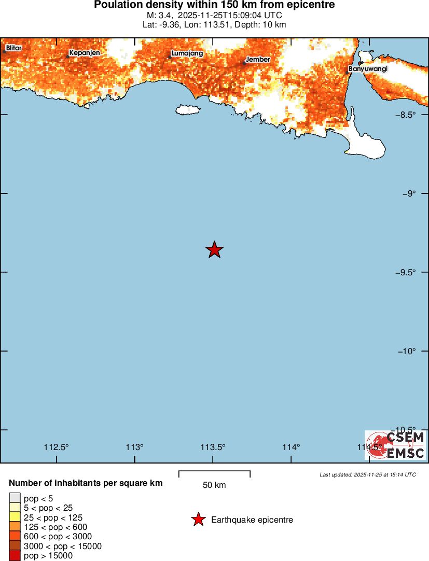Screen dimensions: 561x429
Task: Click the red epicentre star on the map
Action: (x=214, y=249)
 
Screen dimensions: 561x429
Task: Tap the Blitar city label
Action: (x=13, y=48)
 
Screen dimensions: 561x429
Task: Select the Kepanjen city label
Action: (x=84, y=52)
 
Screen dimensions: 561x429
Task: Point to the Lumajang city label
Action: (x=187, y=53)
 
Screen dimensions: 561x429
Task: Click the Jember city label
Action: (x=258, y=59)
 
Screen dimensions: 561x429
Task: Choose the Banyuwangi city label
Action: (x=368, y=68)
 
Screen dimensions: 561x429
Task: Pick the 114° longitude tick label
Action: (x=292, y=447)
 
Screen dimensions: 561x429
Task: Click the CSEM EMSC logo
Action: (x=395, y=445)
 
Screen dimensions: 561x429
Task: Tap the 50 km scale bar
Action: (x=214, y=474)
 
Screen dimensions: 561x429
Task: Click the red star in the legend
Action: (x=198, y=520)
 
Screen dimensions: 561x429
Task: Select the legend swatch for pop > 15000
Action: (x=15, y=555)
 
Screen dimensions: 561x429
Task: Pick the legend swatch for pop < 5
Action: (x=15, y=499)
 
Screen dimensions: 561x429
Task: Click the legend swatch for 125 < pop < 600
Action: (x=15, y=527)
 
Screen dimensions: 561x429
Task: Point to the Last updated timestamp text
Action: (x=367, y=474)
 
